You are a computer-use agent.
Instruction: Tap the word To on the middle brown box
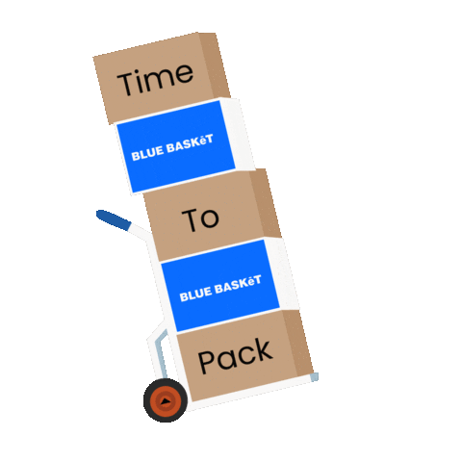(202, 218)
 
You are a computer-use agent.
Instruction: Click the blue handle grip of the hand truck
(113, 220)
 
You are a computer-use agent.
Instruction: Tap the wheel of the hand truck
(166, 400)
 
